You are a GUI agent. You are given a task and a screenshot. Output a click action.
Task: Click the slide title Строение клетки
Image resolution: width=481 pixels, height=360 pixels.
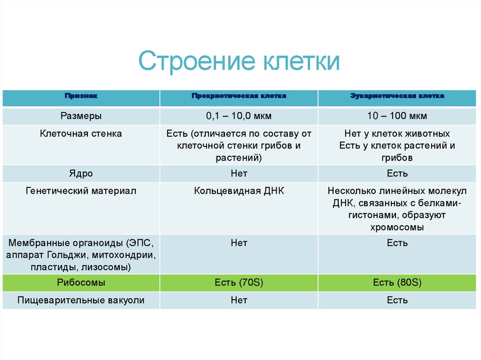[239, 61]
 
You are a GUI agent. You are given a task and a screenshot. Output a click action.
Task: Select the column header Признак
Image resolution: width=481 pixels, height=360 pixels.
[81, 96]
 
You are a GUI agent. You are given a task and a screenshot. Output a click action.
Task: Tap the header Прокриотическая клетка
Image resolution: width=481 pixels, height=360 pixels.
[239, 96]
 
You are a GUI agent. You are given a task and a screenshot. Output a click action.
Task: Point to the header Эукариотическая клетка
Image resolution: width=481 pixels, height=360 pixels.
[397, 96]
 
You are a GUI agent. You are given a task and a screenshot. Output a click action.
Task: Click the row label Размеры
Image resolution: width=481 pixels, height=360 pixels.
[81, 115]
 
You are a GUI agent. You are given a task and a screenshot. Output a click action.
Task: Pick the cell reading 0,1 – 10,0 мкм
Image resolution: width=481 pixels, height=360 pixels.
[239, 115]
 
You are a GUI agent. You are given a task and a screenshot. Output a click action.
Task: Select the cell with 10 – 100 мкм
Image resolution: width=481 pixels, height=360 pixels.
[397, 115]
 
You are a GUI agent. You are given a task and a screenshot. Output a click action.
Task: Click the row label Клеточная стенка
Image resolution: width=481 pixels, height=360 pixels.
[81, 134]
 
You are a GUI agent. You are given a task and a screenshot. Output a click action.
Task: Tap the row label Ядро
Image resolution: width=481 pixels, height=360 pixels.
[81, 174]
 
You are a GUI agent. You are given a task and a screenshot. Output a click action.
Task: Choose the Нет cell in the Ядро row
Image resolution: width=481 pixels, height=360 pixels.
[239, 174]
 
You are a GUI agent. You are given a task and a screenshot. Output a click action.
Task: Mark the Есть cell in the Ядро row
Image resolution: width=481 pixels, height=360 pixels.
[397, 174]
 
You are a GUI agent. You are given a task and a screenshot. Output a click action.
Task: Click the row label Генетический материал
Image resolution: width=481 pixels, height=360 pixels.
[81, 191]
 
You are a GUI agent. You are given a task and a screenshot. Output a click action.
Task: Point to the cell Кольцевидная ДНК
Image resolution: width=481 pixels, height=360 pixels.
[239, 191]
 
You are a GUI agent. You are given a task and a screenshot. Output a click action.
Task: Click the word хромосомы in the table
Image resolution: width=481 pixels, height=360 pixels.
[397, 228]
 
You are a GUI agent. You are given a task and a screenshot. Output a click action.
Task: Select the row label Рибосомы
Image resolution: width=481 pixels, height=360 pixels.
[81, 283]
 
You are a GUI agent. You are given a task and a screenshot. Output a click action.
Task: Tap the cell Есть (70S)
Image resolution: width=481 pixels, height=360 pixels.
[239, 283]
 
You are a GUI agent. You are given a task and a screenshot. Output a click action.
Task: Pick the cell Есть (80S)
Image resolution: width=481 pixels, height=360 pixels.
[397, 283]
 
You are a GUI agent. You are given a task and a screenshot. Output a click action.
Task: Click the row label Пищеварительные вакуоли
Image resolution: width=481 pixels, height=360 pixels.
[81, 300]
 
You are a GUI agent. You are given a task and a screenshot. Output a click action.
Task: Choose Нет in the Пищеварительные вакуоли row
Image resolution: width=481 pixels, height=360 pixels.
[239, 300]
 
